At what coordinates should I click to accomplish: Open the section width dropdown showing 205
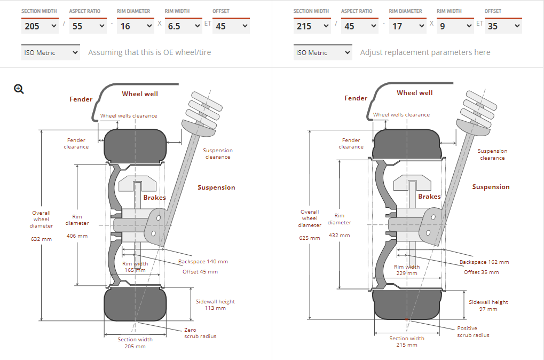click(40, 26)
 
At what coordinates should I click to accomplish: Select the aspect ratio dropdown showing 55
click(88, 26)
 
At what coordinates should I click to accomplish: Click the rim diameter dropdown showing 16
click(136, 26)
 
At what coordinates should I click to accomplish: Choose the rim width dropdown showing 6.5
click(183, 26)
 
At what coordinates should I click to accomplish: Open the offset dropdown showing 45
click(231, 26)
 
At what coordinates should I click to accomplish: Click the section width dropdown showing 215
click(312, 26)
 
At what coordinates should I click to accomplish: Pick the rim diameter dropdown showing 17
click(407, 26)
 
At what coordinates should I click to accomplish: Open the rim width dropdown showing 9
click(455, 26)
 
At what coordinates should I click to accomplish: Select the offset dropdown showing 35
click(503, 26)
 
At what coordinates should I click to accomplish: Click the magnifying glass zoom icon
click(19, 89)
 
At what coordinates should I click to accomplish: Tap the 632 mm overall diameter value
click(41, 239)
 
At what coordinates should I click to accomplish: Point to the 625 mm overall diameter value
click(310, 238)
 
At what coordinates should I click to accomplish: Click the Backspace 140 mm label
click(203, 262)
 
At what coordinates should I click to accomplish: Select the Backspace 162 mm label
click(484, 262)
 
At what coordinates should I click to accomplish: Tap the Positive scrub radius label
click(473, 332)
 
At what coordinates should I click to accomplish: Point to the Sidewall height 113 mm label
click(215, 304)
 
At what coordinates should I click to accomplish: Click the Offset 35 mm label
click(481, 272)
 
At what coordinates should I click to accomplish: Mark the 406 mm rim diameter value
click(77, 236)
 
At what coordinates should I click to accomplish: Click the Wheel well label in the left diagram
click(140, 94)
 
